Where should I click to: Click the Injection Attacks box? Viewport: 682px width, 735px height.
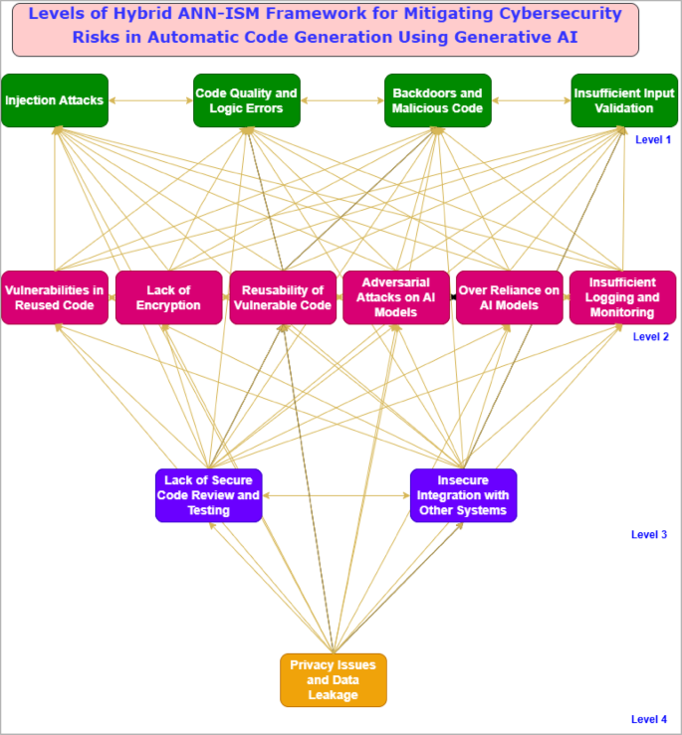pos(54,100)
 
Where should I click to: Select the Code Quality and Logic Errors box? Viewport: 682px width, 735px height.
pos(246,100)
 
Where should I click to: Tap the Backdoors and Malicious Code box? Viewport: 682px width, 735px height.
pos(437,100)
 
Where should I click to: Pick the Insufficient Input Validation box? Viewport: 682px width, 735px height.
pos(623,100)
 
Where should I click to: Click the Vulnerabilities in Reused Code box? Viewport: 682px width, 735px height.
pos(54,297)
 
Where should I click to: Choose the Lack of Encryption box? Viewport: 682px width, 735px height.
pos(167,297)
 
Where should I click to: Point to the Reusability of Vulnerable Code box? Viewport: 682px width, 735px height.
pos(282,297)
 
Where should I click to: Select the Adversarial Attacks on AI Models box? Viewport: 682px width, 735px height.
pos(395,297)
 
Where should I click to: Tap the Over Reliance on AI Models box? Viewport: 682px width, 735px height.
pos(509,297)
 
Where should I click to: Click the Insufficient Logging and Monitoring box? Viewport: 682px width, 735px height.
pos(622,297)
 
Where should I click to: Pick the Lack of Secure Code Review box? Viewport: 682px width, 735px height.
pos(209,495)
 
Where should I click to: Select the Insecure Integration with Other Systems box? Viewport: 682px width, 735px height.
pos(463,495)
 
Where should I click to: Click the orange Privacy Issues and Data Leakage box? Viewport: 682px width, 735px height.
pos(333,680)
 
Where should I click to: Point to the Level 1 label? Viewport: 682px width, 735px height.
pos(653,140)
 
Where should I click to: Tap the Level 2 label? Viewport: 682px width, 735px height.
pos(651,337)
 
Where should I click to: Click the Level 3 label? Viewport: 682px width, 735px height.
pos(649,535)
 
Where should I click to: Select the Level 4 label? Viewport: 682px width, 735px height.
pos(649,719)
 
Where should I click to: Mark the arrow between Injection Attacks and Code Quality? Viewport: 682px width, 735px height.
pos(149,100)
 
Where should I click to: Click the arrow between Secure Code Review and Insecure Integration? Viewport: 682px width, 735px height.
pos(336,495)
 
